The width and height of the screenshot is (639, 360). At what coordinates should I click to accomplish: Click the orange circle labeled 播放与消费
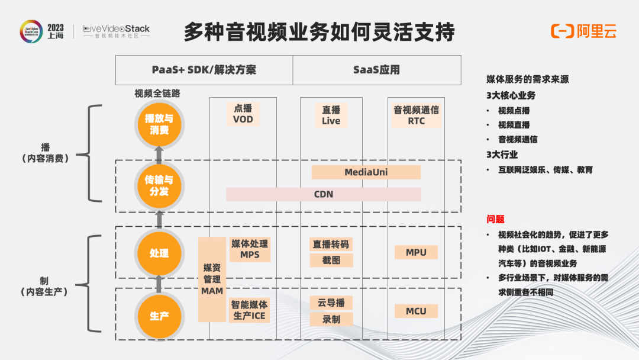tap(159, 124)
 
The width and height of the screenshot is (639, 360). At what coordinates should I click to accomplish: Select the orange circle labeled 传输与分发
tap(159, 186)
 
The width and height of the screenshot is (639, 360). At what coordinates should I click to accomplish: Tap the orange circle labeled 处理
tap(159, 253)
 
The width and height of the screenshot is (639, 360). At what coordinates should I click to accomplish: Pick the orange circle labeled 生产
tap(159, 316)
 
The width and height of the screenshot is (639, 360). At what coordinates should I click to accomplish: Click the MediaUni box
tap(366, 172)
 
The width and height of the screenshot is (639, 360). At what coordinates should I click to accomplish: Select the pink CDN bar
tap(324, 194)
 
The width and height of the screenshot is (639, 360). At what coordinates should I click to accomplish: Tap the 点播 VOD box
tap(243, 114)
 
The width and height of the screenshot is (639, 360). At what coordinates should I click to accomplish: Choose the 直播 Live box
tap(331, 115)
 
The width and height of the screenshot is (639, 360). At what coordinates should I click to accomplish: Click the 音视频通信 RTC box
tap(416, 115)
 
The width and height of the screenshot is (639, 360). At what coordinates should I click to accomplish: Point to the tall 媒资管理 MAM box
tap(212, 279)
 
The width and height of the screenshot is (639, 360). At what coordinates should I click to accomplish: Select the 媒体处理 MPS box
tap(250, 249)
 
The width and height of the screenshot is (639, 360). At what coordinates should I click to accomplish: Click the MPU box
tap(416, 252)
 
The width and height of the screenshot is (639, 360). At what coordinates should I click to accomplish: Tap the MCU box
tap(416, 311)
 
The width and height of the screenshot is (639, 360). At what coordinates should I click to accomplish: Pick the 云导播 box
tap(331, 303)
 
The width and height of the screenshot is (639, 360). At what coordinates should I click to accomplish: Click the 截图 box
tap(331, 260)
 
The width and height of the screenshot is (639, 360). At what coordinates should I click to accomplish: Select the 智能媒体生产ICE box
tap(249, 310)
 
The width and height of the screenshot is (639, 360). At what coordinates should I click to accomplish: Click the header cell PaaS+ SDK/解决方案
tap(204, 70)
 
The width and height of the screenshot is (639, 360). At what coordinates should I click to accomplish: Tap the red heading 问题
tap(496, 219)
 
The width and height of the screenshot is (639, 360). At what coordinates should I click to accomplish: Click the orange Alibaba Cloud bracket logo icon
tap(563, 31)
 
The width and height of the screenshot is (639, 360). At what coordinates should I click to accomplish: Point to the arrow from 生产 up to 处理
tap(159, 284)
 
